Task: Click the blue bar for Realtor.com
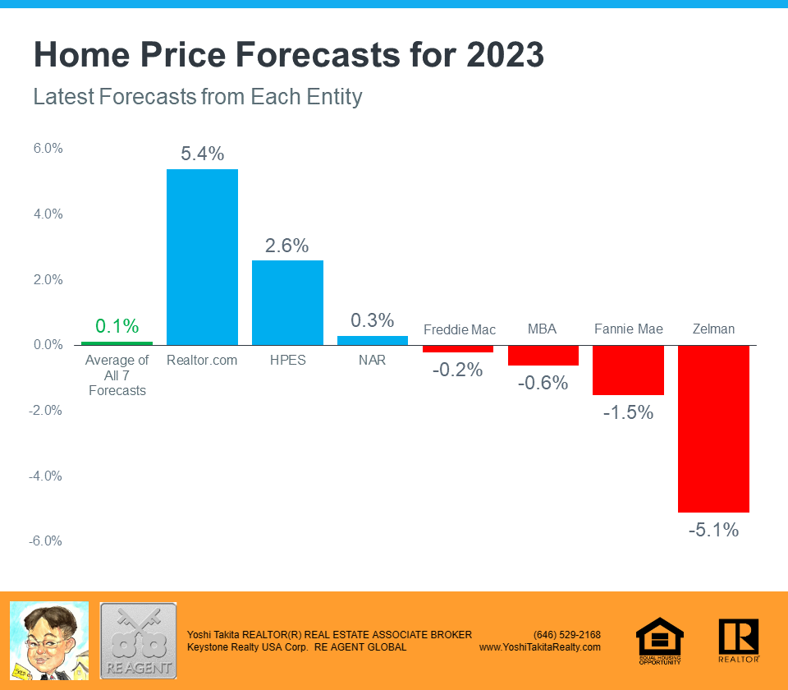pos(202,257)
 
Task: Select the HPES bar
pos(287,302)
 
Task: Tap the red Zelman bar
pos(713,428)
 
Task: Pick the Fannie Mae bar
pos(628,370)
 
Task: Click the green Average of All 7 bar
pos(117,343)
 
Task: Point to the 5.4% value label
pos(202,154)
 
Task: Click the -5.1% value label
pos(713,530)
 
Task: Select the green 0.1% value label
pos(117,326)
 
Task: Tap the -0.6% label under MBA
pos(543,382)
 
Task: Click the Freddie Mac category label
pos(459,330)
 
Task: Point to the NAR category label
pos(372,360)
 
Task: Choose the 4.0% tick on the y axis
pos(48,214)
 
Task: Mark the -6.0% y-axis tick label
pos(48,541)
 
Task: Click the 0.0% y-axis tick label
pos(48,345)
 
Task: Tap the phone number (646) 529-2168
pos(566,635)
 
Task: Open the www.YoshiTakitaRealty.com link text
pos(539,647)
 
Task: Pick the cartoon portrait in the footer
pos(48,640)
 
